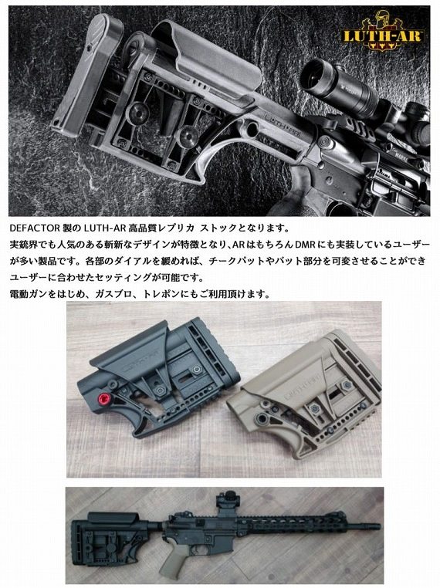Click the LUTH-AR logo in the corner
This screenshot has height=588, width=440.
[383, 32]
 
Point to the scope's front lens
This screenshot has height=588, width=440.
[313, 73]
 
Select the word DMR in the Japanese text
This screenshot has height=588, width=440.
[305, 244]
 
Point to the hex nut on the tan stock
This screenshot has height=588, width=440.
[347, 386]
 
